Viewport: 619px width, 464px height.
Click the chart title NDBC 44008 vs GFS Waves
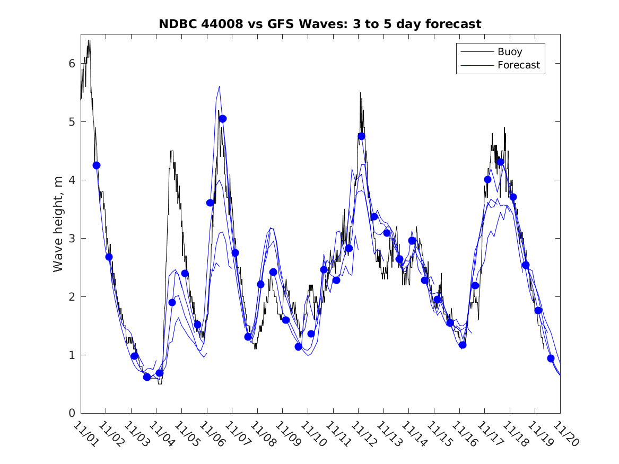click(320, 24)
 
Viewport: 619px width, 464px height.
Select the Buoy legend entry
click(509, 52)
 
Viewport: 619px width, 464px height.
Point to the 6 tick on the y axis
click(71, 64)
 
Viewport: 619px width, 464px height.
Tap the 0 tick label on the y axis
click(71, 413)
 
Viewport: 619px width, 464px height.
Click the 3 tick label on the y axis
click(71, 239)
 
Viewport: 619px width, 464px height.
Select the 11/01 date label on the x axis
click(85, 433)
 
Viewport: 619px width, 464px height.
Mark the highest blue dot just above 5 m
click(223, 119)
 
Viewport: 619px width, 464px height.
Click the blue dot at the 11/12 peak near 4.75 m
click(362, 136)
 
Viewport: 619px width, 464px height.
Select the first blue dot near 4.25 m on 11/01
click(97, 165)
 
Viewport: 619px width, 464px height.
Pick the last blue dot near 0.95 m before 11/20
click(551, 358)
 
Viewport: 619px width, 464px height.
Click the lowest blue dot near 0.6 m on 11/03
click(147, 377)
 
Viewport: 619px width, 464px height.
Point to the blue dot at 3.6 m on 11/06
click(210, 203)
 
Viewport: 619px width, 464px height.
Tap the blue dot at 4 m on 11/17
click(488, 179)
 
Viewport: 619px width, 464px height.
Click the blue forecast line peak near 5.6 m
click(219, 86)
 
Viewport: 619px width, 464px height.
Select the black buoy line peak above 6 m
click(89, 41)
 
